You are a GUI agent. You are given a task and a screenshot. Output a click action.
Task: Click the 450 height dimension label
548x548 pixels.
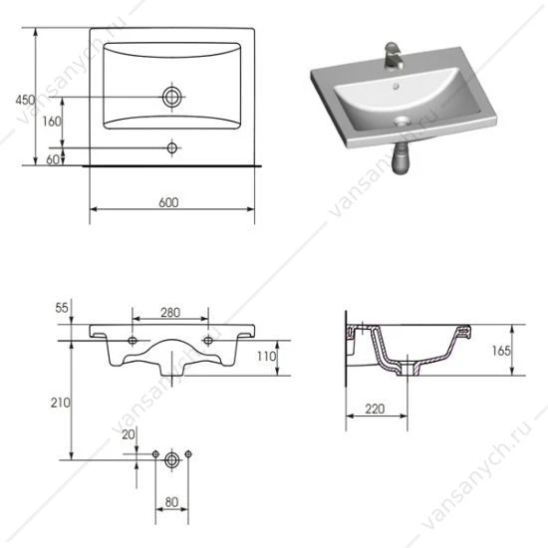click(x=25, y=100)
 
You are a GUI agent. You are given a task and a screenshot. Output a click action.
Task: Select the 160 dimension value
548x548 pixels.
click(x=52, y=122)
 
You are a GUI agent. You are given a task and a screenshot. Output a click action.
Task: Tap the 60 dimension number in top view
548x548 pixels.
click(x=53, y=159)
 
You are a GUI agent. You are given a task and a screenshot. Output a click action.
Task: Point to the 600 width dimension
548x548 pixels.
click(x=168, y=202)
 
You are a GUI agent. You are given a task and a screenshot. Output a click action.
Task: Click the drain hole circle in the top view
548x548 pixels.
click(x=172, y=97)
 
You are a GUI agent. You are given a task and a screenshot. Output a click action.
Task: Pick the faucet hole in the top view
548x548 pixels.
click(x=172, y=147)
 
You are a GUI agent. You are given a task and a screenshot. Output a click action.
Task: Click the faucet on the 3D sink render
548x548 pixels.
click(x=394, y=56)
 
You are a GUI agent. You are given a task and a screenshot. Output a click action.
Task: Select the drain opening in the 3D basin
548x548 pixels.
click(x=403, y=121)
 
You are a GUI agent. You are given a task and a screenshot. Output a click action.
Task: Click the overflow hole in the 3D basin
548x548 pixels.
click(x=396, y=86)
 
